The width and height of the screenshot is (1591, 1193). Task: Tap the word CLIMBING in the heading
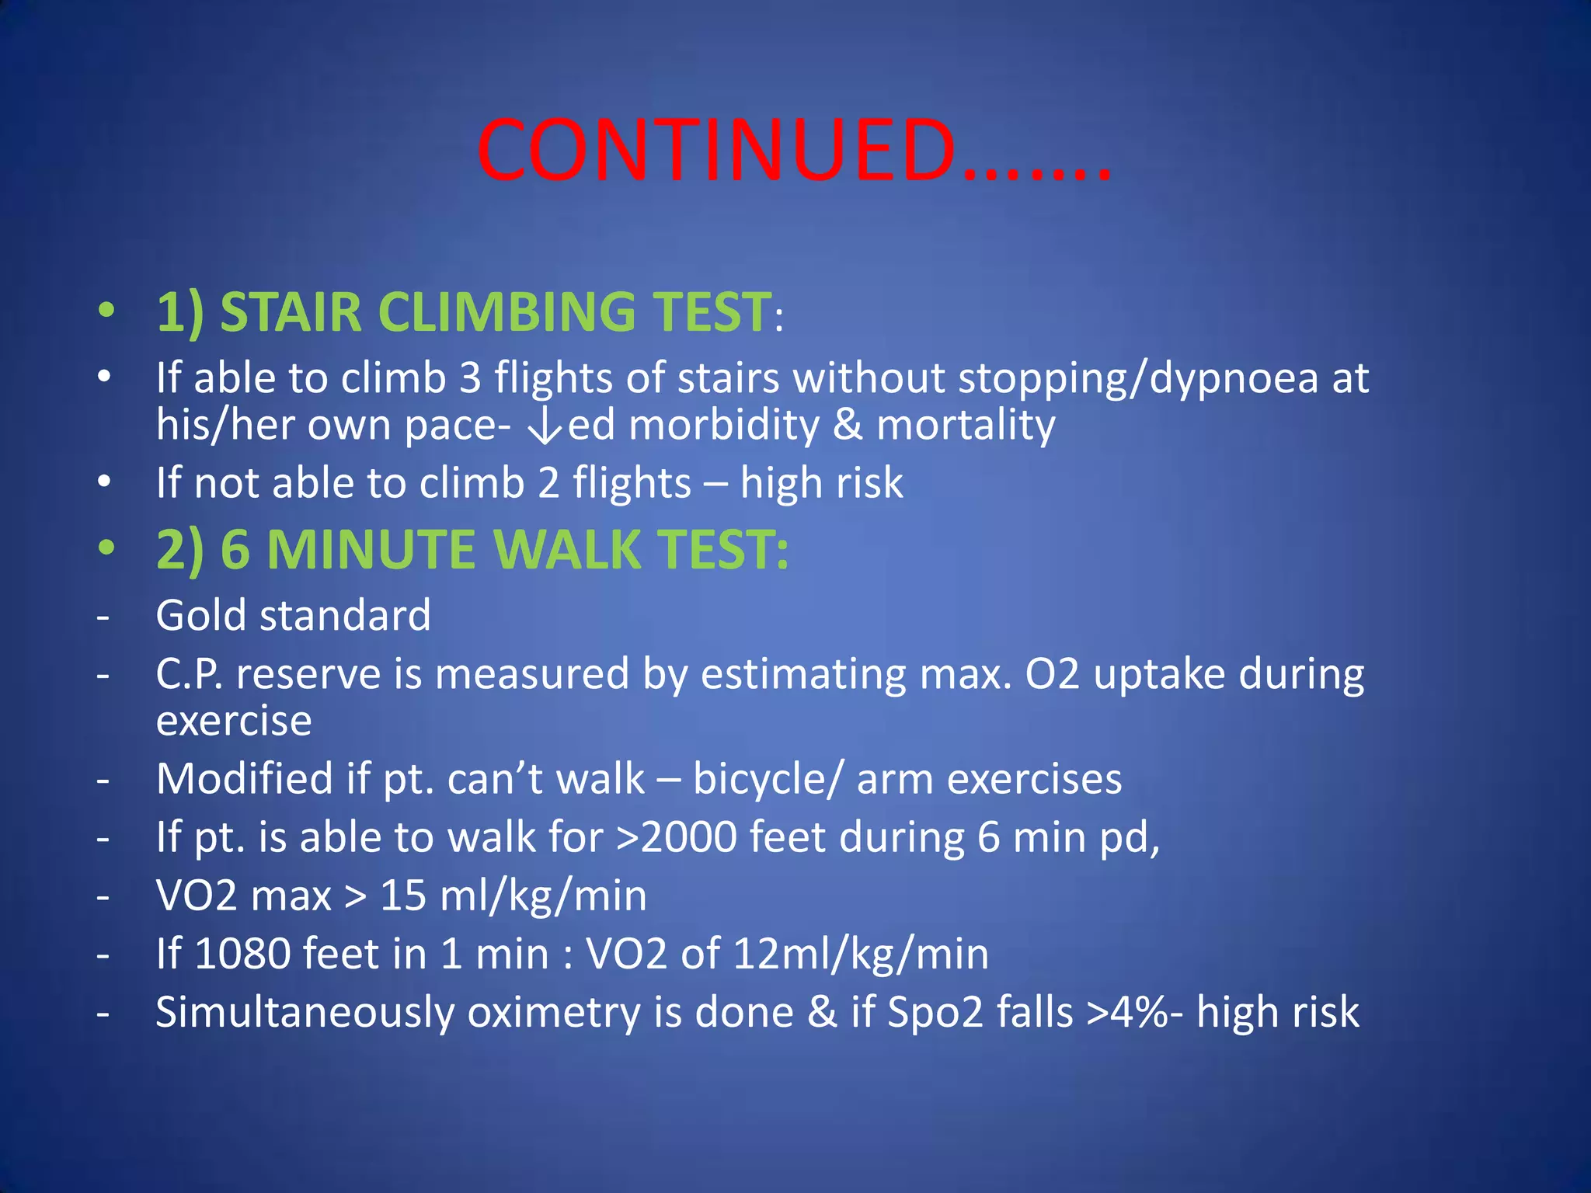506,312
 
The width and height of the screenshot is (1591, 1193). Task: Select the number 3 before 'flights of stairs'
470,378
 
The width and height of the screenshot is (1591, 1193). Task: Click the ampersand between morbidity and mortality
848,426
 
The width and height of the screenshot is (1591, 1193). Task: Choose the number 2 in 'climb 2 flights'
548,483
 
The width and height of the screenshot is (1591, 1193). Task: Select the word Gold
201,615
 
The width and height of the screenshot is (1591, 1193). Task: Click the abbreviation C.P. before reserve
189,673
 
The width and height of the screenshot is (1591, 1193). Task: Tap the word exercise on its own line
234,721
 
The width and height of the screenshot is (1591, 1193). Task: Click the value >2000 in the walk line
676,837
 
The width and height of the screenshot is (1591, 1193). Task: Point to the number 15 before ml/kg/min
403,896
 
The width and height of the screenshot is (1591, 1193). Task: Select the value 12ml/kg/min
860,954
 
